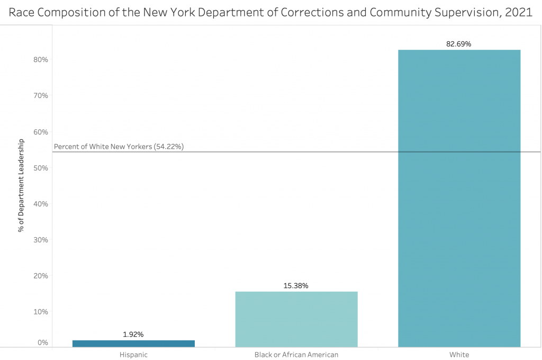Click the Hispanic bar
pos(133,344)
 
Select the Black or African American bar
pos(296,319)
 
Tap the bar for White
pos(459,199)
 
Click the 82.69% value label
pos(459,44)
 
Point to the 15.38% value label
pos(296,286)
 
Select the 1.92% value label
pos(133,335)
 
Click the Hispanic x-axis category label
pos(133,355)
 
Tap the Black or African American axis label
pos(296,355)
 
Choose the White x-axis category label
pos(459,355)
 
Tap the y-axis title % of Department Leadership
pos(22,185)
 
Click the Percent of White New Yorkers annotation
pos(119,147)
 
